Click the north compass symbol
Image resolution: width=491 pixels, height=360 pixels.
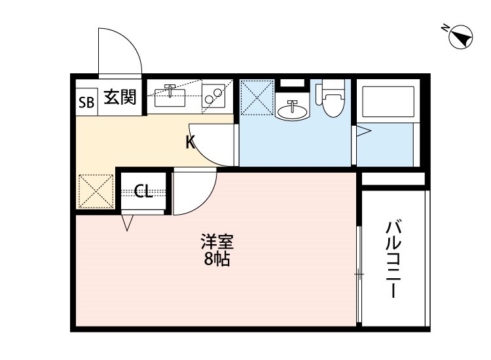(460, 37)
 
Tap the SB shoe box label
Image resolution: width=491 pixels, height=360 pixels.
(86, 101)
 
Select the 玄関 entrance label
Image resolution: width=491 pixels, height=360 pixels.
(120, 99)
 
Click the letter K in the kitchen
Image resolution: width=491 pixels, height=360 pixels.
(190, 141)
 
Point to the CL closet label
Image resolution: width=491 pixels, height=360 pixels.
(143, 191)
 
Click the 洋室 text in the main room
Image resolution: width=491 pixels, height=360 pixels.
(217, 242)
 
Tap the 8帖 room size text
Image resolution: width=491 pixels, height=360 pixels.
(217, 259)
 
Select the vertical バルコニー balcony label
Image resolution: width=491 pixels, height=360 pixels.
(393, 260)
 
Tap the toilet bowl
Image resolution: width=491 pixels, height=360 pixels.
(333, 101)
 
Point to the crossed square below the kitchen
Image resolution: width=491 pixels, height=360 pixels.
(96, 192)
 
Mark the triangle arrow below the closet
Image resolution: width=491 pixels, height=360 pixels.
(128, 223)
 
